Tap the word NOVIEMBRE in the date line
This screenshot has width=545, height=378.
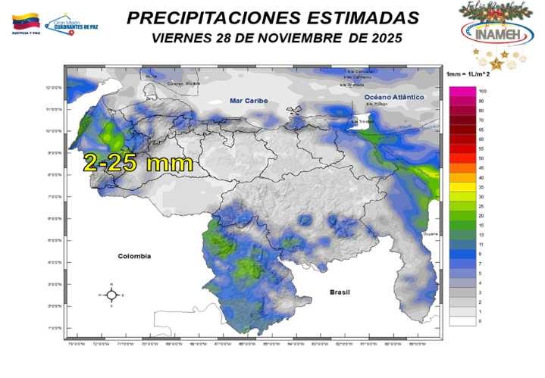(x=302, y=37)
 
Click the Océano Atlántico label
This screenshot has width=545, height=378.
(x=387, y=98)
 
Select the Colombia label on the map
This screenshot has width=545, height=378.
(x=133, y=256)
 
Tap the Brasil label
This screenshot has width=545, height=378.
(x=342, y=292)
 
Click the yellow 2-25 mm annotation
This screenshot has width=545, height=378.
(x=138, y=162)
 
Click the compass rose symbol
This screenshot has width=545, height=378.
(x=111, y=295)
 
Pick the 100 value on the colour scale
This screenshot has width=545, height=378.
(x=481, y=91)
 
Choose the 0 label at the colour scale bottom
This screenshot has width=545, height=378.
(x=480, y=321)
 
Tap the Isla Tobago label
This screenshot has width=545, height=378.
(x=377, y=105)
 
